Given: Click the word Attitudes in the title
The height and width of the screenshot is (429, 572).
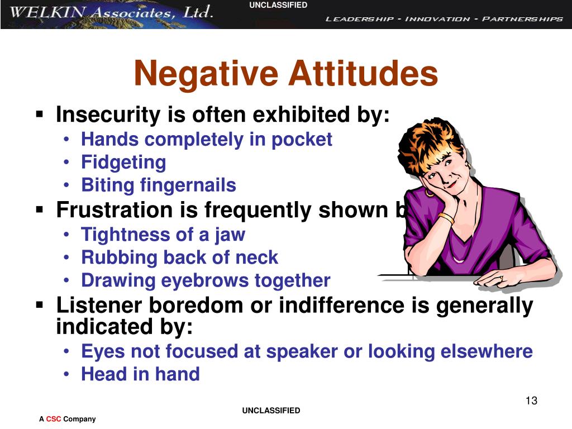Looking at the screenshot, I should point(363,74).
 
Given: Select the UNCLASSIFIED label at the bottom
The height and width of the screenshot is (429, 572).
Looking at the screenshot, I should point(271,411).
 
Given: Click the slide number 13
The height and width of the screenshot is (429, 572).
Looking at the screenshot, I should point(531,401).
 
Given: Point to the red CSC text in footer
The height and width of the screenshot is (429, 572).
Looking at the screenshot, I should point(54,419).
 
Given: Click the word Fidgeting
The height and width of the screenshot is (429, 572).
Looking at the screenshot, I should point(123,163).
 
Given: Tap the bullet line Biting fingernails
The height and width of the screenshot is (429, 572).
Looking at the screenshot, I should point(158,185).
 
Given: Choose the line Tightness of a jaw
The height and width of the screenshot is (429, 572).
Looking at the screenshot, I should point(163,234).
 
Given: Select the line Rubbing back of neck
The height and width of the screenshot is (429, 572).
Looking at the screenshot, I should point(179,258).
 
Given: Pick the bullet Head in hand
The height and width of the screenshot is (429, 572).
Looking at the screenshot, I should point(140,374).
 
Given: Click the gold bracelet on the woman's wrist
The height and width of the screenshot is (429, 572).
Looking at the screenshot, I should point(446,218).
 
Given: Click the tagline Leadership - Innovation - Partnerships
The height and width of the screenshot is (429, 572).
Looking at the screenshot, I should point(444,19).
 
